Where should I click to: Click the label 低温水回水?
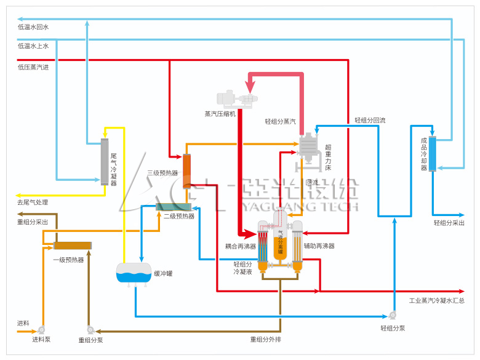coord(33,27)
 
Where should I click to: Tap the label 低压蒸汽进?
coord(33,67)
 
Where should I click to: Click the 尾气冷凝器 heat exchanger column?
coord(105,161)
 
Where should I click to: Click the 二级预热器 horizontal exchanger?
coord(175,207)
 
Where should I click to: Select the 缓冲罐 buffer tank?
coord(134,273)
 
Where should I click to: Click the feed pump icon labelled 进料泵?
coord(42,329)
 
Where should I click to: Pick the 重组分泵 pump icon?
coord(90,329)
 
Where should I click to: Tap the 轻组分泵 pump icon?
coord(393,315)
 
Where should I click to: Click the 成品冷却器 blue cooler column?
coord(433,153)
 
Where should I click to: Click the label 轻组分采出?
coord(449,223)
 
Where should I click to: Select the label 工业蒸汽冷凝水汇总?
coord(437,301)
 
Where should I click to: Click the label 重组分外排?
coord(265,339)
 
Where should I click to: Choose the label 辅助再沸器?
coord(319,246)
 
